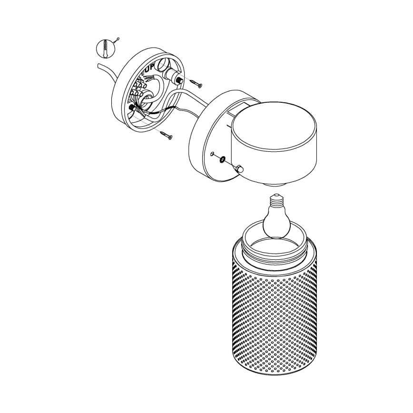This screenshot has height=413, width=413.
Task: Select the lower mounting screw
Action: coord(166,136)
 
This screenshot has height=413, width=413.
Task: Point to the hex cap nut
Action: coord(239,168)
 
